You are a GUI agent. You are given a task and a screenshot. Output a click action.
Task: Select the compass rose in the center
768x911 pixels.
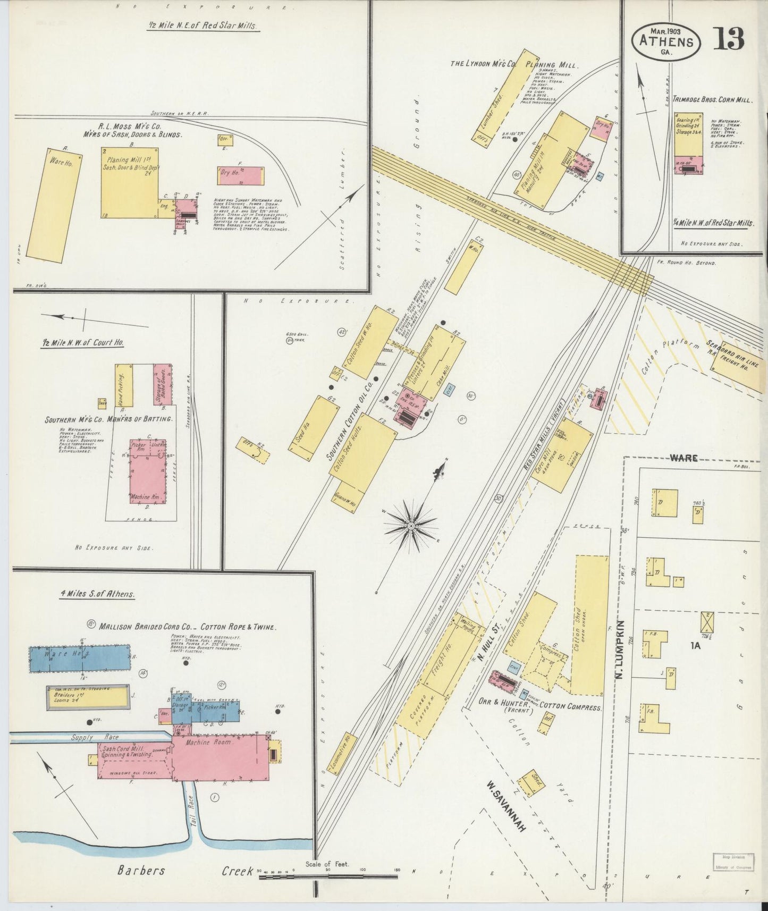[x=410, y=526]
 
